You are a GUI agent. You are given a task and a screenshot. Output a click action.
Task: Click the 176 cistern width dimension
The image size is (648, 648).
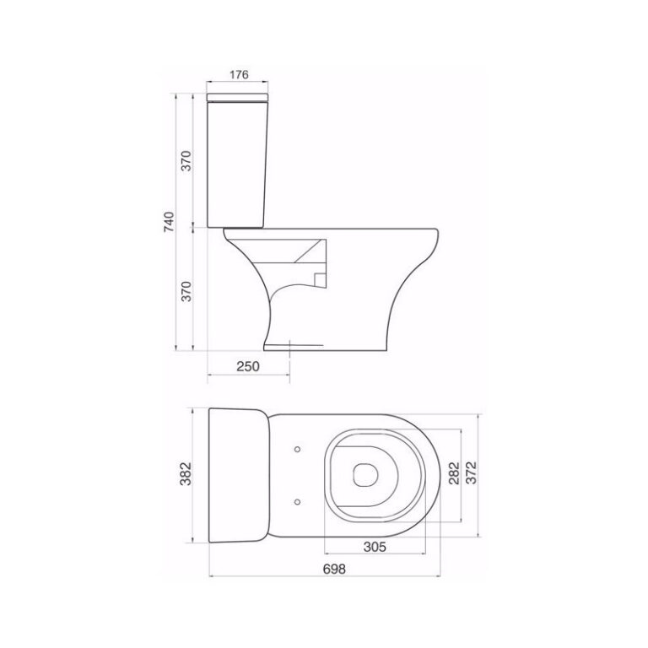(x=239, y=74)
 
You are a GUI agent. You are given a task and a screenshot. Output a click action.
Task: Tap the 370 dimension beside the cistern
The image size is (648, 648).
(x=187, y=160)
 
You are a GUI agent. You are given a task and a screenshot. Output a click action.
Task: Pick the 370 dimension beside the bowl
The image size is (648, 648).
(x=187, y=289)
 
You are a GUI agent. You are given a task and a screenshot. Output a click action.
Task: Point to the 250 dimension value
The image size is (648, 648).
(x=247, y=366)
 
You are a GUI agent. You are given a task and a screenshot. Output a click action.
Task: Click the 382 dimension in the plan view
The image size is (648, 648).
(x=187, y=475)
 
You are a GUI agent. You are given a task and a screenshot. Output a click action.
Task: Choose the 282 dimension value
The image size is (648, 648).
(x=452, y=472)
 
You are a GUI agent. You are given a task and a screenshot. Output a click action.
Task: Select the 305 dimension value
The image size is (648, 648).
(x=375, y=547)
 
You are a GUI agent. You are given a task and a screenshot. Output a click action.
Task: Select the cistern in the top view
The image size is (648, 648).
(x=238, y=475)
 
